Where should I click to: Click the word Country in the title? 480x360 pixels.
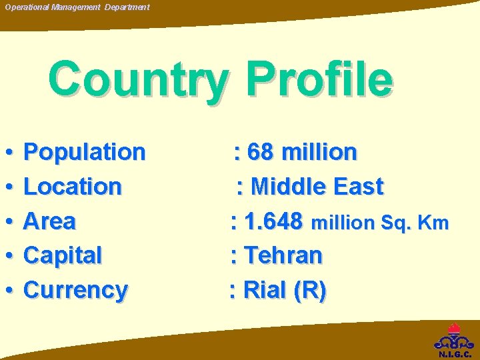point(137,79)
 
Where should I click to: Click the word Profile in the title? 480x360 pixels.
point(319,79)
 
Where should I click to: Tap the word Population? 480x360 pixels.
point(84,152)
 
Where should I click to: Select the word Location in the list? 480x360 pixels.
point(73,187)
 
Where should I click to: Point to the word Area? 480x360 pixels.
point(49,221)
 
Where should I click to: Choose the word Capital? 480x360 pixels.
point(63,255)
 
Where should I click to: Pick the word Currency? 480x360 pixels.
point(75,290)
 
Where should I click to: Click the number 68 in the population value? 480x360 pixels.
point(260,152)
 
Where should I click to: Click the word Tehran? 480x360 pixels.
point(283,255)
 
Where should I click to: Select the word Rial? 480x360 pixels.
point(265,290)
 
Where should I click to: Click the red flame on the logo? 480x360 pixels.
point(455,328)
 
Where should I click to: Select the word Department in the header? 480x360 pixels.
point(127,7)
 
